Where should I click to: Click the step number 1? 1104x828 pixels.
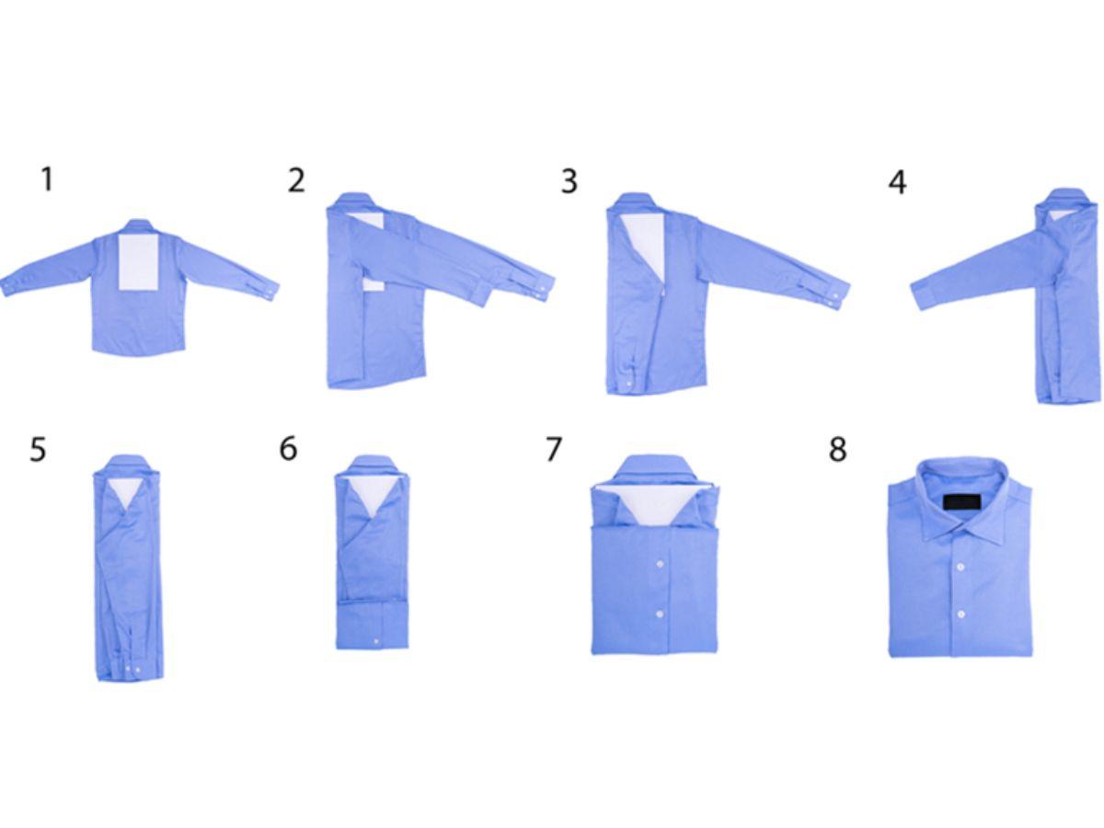click(x=47, y=179)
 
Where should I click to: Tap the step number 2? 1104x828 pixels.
click(x=296, y=180)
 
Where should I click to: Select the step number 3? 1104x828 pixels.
click(x=569, y=181)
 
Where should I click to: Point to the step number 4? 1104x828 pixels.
click(x=897, y=182)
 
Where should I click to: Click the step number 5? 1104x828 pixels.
click(x=39, y=449)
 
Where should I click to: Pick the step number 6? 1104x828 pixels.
click(x=288, y=448)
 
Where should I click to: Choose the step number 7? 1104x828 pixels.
click(x=554, y=449)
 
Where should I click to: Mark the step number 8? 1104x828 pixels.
click(x=837, y=449)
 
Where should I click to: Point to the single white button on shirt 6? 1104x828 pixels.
click(x=376, y=641)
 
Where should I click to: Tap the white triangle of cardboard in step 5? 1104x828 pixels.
click(x=126, y=496)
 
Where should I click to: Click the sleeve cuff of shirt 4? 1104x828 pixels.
click(x=922, y=296)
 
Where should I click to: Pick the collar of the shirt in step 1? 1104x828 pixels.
click(x=139, y=226)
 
